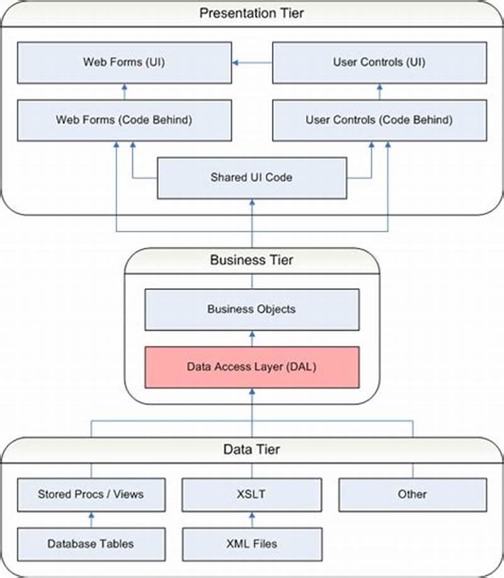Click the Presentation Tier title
click(252, 13)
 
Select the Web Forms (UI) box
click(123, 62)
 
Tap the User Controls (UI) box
click(379, 62)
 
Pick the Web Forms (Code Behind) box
click(123, 119)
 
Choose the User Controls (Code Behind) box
click(379, 119)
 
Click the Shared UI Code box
click(251, 177)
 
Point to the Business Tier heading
click(252, 260)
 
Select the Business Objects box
click(251, 309)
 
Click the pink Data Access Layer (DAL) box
click(251, 367)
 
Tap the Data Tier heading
click(252, 450)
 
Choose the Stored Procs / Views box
click(91, 494)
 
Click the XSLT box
click(252, 494)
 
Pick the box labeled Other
click(412, 494)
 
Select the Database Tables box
click(91, 543)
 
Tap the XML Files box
click(252, 543)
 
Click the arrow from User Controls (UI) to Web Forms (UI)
click(251, 62)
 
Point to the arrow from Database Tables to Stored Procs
click(91, 519)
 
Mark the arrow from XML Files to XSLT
click(252, 519)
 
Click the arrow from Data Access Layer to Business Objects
click(252, 338)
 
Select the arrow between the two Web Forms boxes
click(123, 91)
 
